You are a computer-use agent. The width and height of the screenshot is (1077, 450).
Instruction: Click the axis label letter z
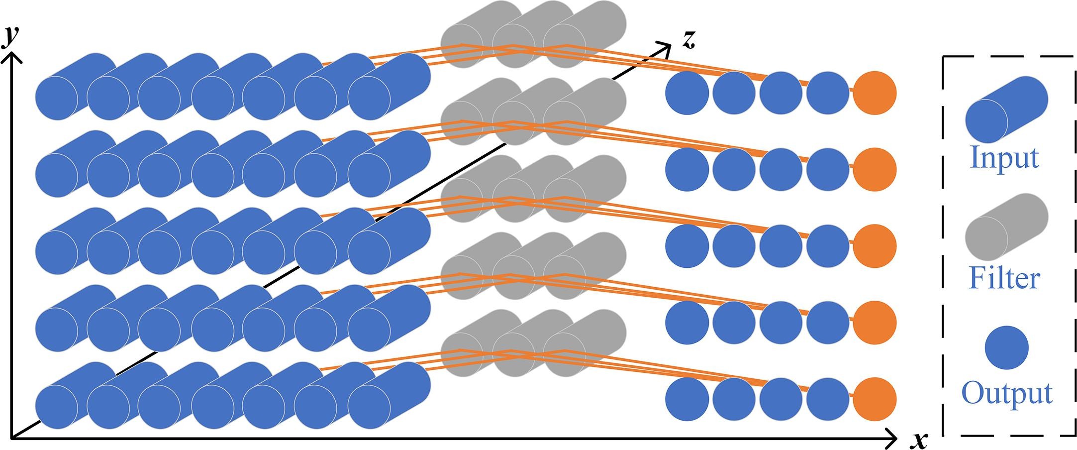[x=688, y=40]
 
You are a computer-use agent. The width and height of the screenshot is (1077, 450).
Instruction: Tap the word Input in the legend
[x=1004, y=158]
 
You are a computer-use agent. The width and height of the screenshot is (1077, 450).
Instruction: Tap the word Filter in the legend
[x=1004, y=278]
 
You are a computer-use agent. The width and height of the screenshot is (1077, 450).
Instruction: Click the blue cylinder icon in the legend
[x=1006, y=110]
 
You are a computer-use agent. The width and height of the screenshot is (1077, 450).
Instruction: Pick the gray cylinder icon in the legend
[x=1006, y=227]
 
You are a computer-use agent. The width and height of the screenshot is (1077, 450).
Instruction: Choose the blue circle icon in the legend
[x=1006, y=348]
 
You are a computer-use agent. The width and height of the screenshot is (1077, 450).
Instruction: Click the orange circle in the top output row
[x=875, y=93]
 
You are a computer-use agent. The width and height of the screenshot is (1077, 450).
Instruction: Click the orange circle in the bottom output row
[x=875, y=399]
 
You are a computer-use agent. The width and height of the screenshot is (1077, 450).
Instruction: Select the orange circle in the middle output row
[x=875, y=246]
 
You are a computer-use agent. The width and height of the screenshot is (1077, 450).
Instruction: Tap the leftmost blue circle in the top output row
[x=687, y=93]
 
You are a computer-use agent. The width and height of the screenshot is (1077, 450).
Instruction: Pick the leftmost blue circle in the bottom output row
[x=687, y=399]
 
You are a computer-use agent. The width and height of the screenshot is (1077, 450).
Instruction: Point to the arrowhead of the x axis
[x=893, y=439]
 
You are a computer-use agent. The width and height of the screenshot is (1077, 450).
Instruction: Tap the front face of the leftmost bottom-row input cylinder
[x=57, y=407]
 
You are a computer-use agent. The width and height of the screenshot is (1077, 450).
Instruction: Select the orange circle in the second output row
[x=875, y=169]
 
